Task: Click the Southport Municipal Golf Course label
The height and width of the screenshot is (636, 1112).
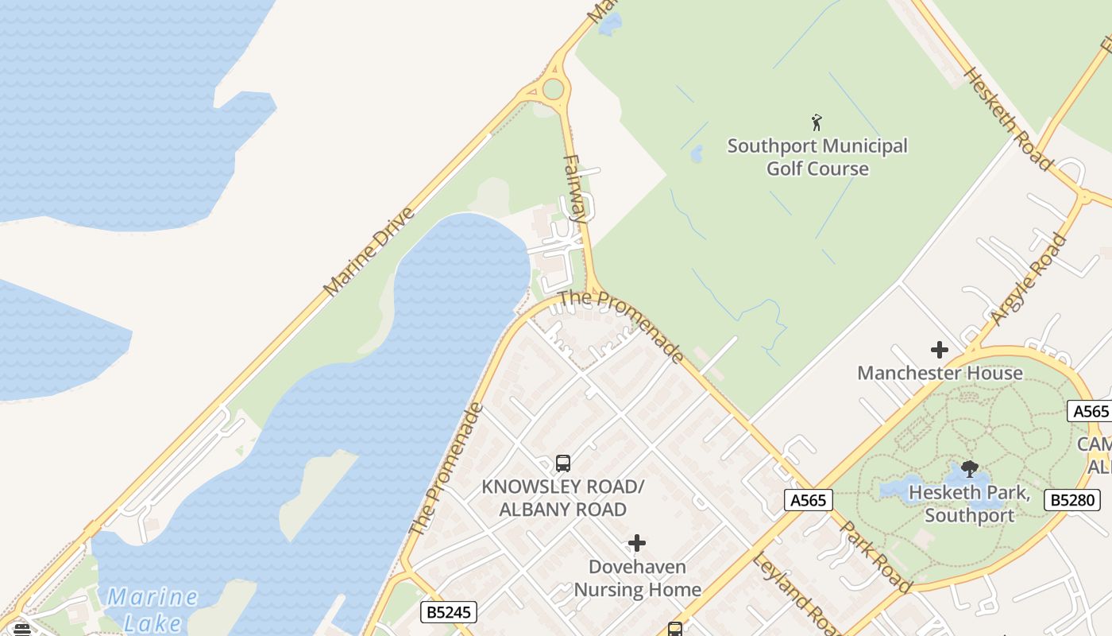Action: click(817, 157)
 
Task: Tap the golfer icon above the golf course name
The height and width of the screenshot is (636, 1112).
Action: click(817, 122)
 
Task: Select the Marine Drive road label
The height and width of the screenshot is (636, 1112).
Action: click(370, 251)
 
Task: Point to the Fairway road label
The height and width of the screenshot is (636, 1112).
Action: click(575, 188)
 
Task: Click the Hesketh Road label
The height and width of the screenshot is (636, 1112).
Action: click(1007, 118)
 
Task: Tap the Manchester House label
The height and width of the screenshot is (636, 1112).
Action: click(940, 373)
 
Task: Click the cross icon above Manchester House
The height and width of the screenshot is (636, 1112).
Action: click(940, 350)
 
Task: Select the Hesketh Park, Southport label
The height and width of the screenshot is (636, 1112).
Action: click(969, 503)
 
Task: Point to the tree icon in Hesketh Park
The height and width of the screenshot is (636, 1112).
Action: click(969, 468)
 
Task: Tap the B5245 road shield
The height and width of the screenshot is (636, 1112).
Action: click(449, 611)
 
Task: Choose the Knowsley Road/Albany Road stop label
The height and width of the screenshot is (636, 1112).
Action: click(562, 498)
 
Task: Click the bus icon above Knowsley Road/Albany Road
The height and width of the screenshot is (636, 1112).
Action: click(563, 463)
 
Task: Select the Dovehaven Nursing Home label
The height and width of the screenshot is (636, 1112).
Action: click(637, 578)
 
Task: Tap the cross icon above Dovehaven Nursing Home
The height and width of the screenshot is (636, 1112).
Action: click(637, 543)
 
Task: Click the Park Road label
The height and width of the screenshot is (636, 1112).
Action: click(876, 556)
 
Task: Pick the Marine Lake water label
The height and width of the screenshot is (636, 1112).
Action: click(152, 609)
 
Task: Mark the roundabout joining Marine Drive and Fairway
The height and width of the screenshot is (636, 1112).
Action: click(553, 88)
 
